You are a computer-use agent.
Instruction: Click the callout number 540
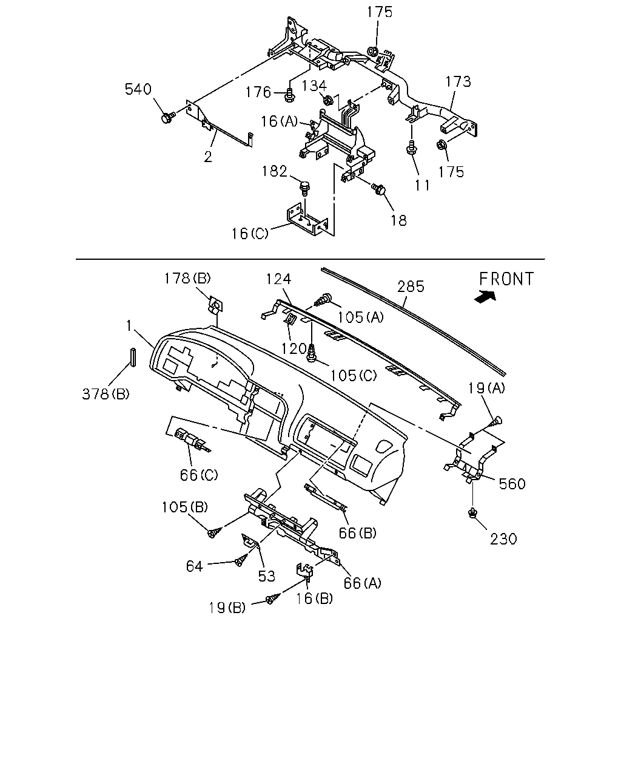pos(138,89)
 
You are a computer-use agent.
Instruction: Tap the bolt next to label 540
pos(168,117)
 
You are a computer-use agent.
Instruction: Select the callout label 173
pos(458,81)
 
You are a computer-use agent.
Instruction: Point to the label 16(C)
pos(250,234)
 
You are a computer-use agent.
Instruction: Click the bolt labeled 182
pos(305,188)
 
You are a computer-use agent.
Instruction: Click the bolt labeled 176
pos(289,96)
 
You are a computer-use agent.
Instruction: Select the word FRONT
pos(506,279)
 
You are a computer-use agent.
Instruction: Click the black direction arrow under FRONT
pos(486,297)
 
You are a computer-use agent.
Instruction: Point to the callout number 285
pos(411,287)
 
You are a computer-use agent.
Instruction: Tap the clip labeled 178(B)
pos(216,305)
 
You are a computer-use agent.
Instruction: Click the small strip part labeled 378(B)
pos(133,358)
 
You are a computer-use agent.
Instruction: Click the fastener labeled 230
pos(472,513)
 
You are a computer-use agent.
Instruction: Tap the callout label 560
pos(512,484)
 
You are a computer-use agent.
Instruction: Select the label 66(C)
pos(199,475)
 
